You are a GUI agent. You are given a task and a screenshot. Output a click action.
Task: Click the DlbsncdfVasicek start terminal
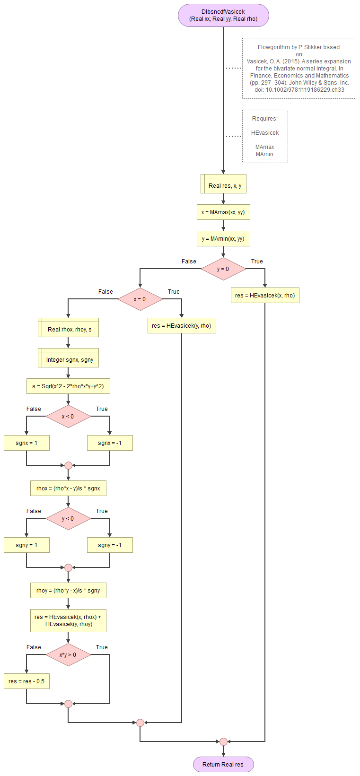tap(223, 16)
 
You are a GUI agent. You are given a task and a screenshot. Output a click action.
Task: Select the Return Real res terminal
tap(223, 764)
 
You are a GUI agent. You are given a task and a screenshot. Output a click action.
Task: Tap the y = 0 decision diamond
tap(223, 269)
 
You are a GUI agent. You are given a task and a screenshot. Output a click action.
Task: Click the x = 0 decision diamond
tap(140, 299)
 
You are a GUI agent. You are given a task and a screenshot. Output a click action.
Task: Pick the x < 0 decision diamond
tap(68, 417)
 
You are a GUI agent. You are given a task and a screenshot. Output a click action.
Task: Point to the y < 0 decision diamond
tap(68, 519)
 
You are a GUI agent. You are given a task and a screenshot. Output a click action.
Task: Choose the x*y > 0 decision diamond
tap(68, 655)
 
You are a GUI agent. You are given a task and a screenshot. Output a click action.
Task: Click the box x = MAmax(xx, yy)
tap(223, 212)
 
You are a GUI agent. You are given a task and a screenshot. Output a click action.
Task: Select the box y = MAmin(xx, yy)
tap(223, 239)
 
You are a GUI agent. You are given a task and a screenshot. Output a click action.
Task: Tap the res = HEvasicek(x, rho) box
tap(265, 296)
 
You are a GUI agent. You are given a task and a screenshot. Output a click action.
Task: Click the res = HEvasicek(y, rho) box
tap(182, 326)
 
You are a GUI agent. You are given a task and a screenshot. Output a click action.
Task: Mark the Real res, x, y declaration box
tap(223, 184)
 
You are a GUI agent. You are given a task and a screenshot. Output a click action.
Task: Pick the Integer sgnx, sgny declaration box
tap(68, 358)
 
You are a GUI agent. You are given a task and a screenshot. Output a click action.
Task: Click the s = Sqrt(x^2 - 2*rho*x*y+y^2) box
tap(68, 386)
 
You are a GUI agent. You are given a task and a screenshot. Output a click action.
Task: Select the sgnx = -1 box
tap(110, 443)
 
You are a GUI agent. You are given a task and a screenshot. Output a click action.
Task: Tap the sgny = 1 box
tap(26, 545)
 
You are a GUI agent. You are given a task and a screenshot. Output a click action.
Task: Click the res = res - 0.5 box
tap(26, 681)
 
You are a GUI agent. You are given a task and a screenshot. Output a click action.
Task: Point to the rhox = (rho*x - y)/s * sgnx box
tap(68, 488)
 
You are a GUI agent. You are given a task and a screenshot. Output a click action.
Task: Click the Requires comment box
tap(265, 137)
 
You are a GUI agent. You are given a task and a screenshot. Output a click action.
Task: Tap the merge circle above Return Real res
tap(223, 741)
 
